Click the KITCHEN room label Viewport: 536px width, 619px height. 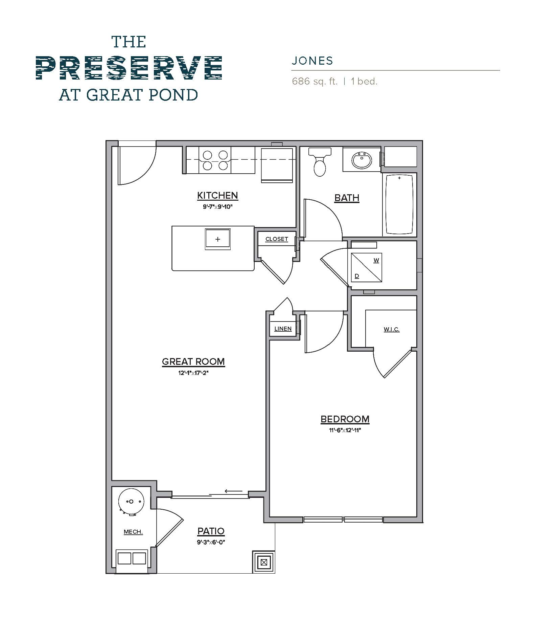[217, 195]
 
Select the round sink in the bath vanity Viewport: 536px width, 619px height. [362, 160]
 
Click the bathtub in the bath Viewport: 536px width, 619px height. [399, 204]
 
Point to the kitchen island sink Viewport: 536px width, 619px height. [217, 239]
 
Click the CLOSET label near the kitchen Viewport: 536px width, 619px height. [277, 239]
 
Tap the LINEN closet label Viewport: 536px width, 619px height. [283, 329]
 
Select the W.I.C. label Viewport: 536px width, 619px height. [392, 329]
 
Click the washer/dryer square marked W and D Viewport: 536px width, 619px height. [367, 267]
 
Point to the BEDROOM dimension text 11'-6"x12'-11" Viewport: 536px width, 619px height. [345, 430]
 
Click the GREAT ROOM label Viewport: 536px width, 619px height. [193, 361]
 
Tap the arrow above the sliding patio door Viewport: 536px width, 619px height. [233, 491]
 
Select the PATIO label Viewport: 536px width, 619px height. [211, 531]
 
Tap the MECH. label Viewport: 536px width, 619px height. [133, 532]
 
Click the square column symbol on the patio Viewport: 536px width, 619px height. [264, 563]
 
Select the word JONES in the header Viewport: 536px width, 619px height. [312, 61]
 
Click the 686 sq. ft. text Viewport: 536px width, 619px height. [315, 82]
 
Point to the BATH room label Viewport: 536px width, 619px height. [347, 198]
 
